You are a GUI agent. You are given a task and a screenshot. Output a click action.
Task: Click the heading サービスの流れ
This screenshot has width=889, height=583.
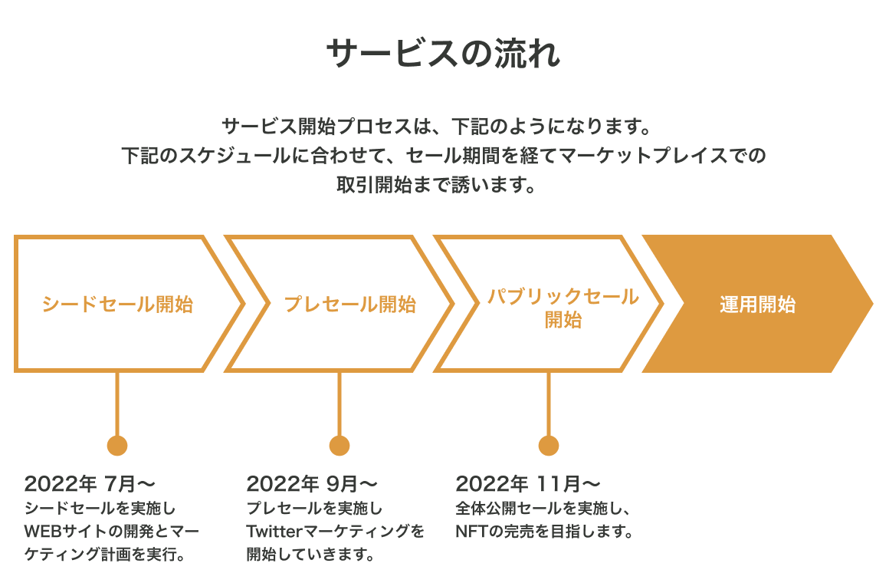click(444, 55)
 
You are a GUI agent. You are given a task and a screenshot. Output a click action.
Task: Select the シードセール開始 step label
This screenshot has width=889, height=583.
click(117, 305)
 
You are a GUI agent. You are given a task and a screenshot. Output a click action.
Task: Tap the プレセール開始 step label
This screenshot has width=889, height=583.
click(349, 305)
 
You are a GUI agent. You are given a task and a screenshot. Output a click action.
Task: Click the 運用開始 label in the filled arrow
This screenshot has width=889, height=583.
click(757, 305)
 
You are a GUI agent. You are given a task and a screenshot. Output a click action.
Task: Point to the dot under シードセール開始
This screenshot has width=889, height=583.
click(117, 446)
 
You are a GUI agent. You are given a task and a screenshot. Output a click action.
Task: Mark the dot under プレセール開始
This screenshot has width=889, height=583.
click(340, 446)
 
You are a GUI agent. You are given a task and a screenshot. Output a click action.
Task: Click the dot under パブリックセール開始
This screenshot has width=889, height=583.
click(549, 446)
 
